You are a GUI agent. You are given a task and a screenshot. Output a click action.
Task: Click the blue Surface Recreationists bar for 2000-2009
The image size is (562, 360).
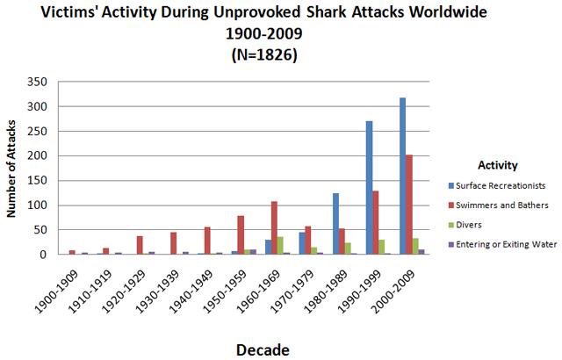[402, 176]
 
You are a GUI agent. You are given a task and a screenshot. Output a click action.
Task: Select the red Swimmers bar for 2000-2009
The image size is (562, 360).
[409, 205]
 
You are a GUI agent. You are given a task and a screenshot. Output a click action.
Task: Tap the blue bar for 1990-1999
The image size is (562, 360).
[369, 188]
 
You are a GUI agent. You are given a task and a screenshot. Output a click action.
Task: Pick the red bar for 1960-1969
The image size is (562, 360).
[274, 227]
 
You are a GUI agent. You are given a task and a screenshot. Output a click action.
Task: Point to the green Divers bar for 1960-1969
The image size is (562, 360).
[280, 245]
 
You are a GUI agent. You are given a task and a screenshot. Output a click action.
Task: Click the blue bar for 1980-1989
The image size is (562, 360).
[335, 224]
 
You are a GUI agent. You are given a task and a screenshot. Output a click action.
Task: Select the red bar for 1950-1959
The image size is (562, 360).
[241, 235]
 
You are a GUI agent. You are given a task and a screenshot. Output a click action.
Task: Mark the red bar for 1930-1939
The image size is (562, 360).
[174, 243]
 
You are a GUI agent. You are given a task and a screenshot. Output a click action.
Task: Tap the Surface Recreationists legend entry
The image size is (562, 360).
[497, 185]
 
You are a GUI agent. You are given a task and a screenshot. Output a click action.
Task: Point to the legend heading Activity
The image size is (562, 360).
[498, 165]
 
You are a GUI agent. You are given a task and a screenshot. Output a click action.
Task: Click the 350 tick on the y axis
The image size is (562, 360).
[37, 82]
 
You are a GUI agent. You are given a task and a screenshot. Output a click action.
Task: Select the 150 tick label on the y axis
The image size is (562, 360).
[37, 181]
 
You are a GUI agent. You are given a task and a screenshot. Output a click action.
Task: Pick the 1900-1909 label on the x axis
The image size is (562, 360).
[57, 292]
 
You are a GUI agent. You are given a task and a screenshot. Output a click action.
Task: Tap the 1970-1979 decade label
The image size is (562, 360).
[292, 292]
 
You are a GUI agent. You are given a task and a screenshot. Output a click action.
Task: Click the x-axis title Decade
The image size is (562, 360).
[263, 350]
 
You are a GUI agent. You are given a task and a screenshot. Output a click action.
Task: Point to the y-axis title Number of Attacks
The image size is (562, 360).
[11, 169]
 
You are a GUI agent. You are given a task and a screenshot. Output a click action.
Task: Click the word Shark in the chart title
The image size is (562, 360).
[327, 12]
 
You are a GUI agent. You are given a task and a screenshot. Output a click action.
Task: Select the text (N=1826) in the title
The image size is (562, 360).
[264, 55]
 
